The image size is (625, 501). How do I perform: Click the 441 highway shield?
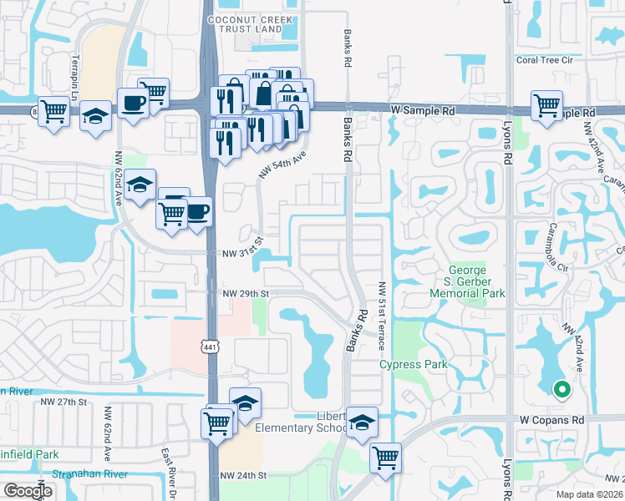209,347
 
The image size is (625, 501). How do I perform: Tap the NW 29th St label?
245,294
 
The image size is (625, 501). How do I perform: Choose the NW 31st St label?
242,253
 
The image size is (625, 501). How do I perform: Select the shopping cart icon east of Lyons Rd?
546,106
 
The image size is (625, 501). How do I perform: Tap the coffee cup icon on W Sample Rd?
133,103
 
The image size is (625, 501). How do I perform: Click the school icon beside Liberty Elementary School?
361,423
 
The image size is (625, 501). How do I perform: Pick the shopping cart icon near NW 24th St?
385,456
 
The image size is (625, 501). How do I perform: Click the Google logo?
28,490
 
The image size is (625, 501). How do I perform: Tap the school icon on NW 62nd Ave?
141,185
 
